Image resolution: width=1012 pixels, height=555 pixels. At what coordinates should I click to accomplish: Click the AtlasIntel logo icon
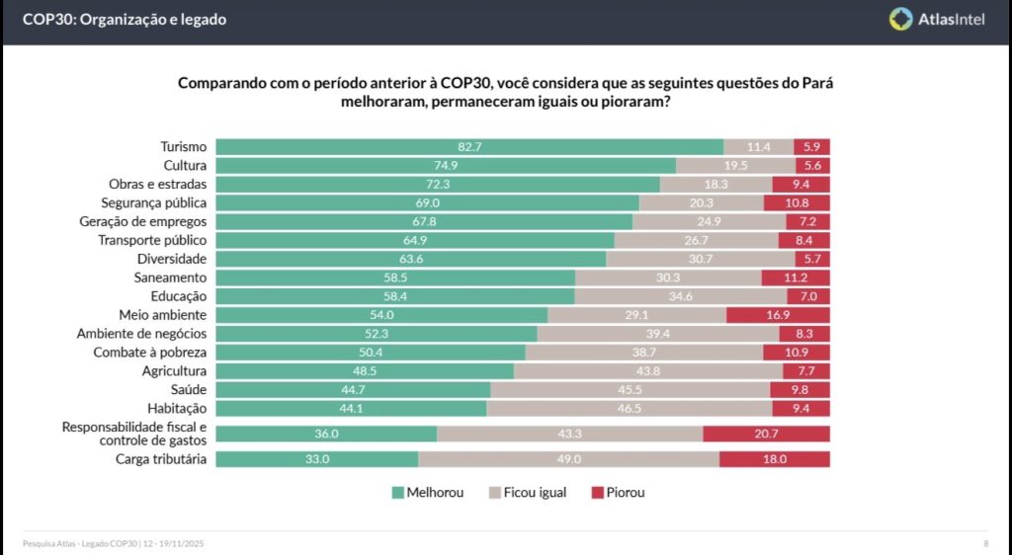901,19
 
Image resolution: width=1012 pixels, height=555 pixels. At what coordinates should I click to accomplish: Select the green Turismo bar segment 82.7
469,146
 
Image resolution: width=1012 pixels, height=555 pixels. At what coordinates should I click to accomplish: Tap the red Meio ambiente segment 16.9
778,315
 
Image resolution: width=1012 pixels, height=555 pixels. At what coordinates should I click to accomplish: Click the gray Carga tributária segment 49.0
568,459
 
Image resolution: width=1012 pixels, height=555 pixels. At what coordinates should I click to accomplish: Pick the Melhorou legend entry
427,492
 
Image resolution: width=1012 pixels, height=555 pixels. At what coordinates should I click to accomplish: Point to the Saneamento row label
170,277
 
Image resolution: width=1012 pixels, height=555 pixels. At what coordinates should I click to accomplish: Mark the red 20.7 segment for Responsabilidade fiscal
766,434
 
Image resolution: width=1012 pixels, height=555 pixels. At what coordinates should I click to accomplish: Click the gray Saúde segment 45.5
631,390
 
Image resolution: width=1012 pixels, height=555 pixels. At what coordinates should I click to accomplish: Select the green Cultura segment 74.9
446,165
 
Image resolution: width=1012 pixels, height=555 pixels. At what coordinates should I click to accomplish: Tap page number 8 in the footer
985,544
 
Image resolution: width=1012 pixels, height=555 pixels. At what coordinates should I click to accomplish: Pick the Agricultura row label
174,371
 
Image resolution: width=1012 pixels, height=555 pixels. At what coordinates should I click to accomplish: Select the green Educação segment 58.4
395,296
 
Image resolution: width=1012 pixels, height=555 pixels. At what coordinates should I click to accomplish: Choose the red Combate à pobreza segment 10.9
796,353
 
